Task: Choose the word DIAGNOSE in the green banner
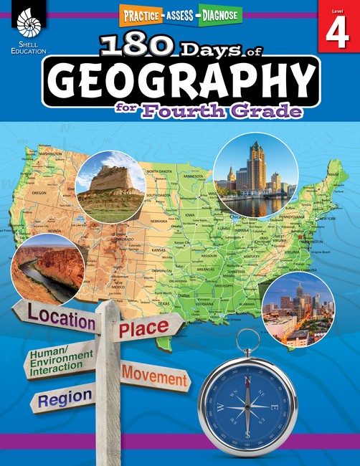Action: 216,13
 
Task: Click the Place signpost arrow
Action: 143,329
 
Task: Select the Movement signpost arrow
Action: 155,374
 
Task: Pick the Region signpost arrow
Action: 65,396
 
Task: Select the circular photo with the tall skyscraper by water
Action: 256,176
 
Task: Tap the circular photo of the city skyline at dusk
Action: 298,310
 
